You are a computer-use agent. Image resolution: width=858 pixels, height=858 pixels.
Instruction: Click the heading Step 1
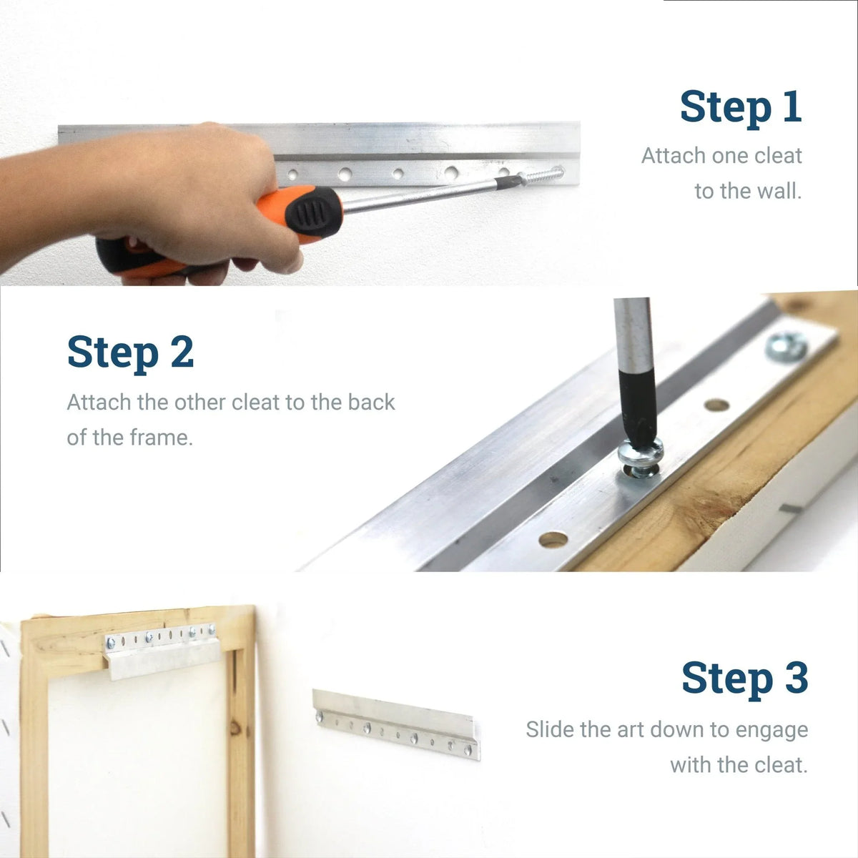click(x=740, y=107)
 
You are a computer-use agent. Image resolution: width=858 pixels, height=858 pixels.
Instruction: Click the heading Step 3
click(x=744, y=677)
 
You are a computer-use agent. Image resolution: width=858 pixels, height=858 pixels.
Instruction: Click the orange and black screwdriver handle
click(x=300, y=214)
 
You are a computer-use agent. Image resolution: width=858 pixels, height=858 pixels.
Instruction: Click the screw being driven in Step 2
click(x=641, y=458)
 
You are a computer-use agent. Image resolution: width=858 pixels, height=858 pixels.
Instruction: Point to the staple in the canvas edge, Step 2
click(x=789, y=508)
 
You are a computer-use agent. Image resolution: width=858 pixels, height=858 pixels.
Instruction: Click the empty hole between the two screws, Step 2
click(x=716, y=405)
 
